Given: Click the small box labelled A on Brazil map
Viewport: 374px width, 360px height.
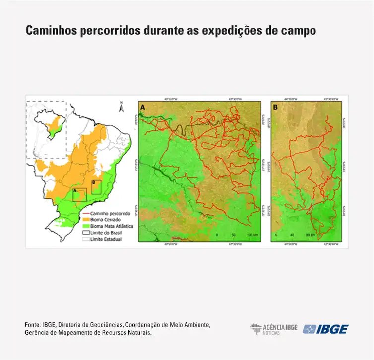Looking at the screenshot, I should click(79, 194).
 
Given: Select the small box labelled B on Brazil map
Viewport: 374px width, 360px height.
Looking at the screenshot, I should click(96, 187).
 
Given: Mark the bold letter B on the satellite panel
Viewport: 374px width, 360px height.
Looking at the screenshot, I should click(275, 107).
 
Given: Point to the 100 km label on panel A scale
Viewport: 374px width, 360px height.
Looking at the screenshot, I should click(253, 234).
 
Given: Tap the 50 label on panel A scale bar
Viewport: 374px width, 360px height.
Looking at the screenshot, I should click(234, 234).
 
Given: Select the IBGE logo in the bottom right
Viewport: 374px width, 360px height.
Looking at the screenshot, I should click(325, 329).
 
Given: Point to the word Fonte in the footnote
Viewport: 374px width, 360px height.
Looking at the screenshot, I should click(32, 325).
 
